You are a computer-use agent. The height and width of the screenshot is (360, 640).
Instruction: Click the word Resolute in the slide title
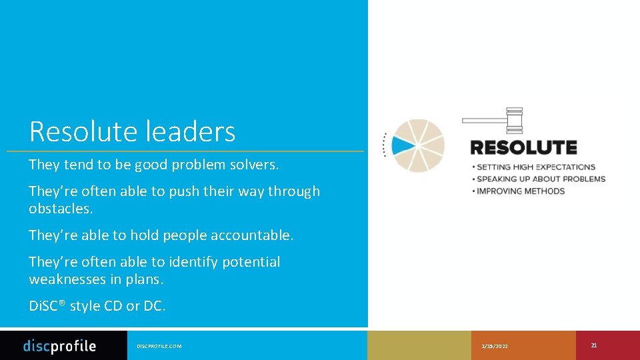coord(73,131)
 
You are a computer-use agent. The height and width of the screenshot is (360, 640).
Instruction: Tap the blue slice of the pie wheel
coord(403,145)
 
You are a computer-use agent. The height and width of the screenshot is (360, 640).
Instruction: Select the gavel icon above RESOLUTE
coord(494,120)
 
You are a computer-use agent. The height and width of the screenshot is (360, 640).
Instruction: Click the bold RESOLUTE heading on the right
coord(523,147)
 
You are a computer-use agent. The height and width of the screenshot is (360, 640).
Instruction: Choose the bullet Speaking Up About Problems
coord(541,179)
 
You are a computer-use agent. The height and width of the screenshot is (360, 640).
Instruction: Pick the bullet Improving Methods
coord(520,191)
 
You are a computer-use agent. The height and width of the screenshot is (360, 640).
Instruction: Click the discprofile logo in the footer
coord(59,346)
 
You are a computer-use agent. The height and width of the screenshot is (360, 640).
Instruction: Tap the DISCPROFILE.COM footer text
coord(159,346)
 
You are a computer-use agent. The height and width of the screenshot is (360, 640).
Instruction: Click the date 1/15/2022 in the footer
coord(495,346)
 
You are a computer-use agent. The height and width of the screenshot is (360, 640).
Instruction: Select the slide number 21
coord(593,345)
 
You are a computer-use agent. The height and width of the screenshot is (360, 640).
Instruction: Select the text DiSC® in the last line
coord(47,306)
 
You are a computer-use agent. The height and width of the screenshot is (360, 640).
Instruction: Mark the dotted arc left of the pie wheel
coord(385,145)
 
